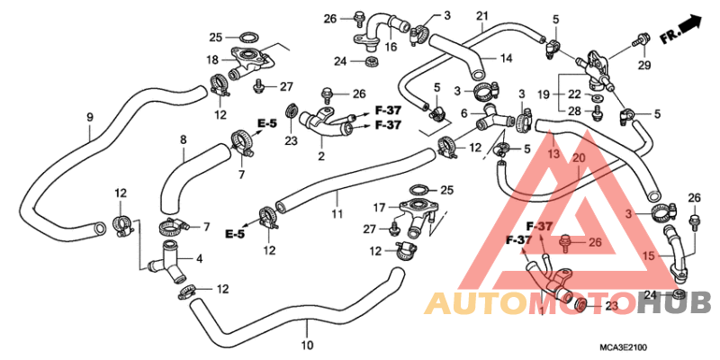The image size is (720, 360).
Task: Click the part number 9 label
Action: point(90,117)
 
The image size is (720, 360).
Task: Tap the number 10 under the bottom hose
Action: point(308,345)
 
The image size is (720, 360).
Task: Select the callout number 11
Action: point(337,213)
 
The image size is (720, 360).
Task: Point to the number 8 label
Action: point(184,139)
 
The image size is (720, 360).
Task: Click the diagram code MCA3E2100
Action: point(622,348)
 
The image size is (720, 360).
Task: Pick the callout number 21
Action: point(481,17)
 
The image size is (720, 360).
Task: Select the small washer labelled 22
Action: point(596,98)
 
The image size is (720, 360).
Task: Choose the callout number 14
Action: point(507,58)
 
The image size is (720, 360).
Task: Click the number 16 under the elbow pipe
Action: point(391,47)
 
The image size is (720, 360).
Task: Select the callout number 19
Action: point(544,95)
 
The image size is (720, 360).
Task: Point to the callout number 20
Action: point(579,158)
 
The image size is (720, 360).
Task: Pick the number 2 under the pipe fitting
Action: point(321,156)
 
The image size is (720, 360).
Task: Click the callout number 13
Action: point(553,154)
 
